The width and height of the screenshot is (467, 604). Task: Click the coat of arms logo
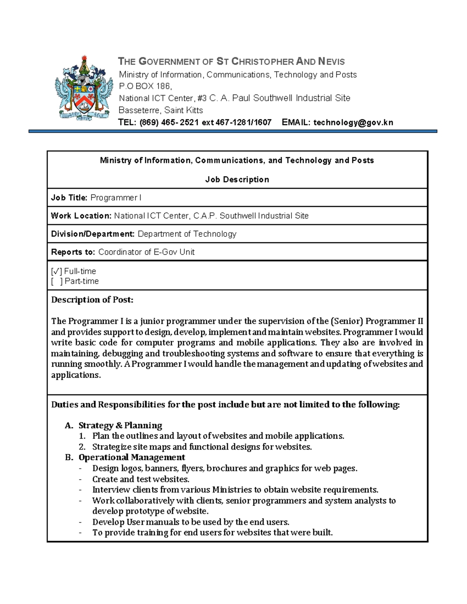(84, 88)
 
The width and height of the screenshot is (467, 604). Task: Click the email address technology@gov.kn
(353, 123)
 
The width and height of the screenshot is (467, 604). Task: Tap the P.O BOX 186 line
(145, 86)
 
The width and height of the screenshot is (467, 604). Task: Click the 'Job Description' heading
(237, 179)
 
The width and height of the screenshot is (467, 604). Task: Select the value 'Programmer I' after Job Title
(116, 198)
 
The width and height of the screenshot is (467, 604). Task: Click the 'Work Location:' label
(81, 216)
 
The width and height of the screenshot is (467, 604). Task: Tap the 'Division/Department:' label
(93, 234)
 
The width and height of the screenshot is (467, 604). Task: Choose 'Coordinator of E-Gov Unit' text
(146, 252)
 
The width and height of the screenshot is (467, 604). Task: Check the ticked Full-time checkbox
(56, 271)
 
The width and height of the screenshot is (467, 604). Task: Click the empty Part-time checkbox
(56, 281)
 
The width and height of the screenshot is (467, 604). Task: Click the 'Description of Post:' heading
(92, 299)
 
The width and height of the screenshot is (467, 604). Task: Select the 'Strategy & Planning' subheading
(120, 425)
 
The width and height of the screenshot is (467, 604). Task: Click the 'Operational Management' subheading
(132, 457)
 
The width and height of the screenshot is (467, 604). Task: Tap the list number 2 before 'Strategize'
(82, 447)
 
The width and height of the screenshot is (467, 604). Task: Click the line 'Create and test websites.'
(140, 479)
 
